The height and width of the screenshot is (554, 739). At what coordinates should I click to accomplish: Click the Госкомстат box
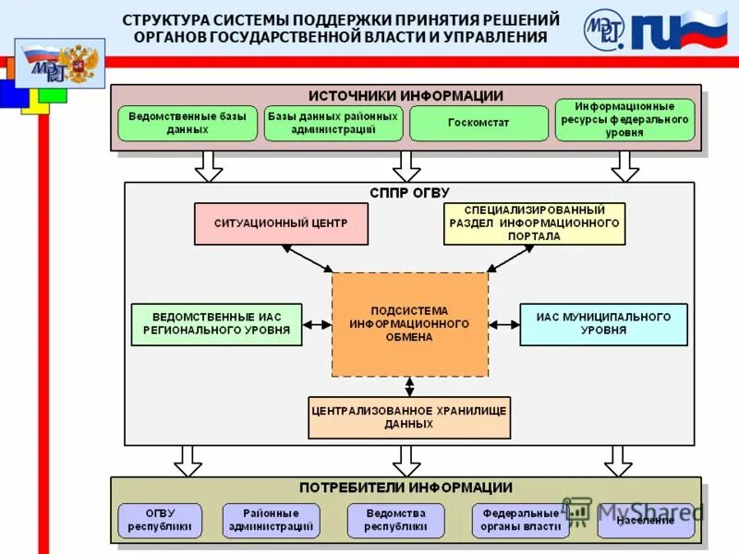point(479,123)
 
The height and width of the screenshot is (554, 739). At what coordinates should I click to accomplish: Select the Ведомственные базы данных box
point(188,123)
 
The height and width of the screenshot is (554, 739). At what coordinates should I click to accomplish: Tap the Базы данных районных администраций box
point(333,123)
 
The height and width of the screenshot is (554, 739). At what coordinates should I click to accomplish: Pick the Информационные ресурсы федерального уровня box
point(624,120)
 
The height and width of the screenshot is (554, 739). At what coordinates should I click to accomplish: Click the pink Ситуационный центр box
point(281,223)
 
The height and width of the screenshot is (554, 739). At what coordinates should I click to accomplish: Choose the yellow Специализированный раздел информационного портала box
point(534,223)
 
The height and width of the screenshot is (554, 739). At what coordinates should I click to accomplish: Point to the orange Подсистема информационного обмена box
point(409,324)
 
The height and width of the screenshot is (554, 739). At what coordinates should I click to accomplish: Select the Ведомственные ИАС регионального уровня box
point(216,324)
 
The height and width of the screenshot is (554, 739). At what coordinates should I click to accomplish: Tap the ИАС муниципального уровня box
point(603,324)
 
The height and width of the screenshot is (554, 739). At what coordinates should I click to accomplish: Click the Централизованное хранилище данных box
point(408,417)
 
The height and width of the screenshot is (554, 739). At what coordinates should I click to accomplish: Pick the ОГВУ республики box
point(160,521)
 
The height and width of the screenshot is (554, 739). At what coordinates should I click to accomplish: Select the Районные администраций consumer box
point(271,521)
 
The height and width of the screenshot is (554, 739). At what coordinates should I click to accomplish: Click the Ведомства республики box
point(395,521)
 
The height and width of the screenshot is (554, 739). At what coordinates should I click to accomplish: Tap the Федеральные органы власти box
point(520,521)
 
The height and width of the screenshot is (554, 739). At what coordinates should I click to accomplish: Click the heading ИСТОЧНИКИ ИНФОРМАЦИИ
point(406,95)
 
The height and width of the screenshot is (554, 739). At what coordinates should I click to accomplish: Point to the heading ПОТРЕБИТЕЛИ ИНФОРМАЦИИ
point(406,488)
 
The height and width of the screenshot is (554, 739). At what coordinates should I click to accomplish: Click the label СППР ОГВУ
point(409,193)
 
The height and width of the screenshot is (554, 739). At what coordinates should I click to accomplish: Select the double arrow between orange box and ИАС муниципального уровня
point(504,324)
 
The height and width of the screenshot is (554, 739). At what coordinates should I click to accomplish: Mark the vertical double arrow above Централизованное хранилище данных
point(409,387)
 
